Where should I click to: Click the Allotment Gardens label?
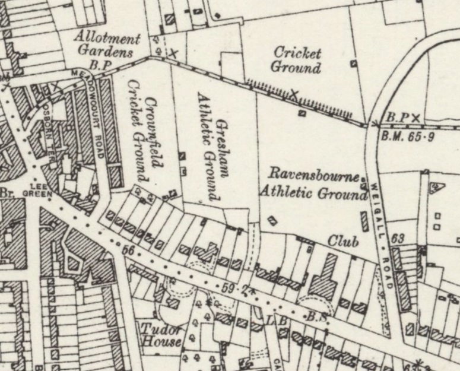(x=107, y=45)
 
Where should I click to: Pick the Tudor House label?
(x=160, y=336)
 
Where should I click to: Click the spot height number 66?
(x=126, y=250)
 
